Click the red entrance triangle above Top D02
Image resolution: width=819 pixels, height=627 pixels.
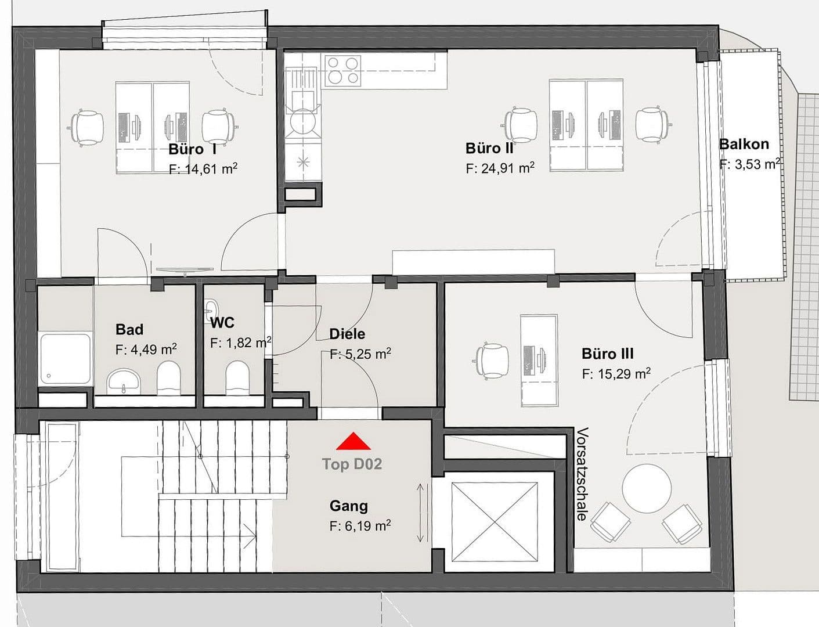tap(353, 442)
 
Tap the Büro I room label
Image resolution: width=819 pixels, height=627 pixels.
tap(193, 149)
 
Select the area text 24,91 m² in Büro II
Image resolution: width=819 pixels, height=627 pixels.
tap(500, 168)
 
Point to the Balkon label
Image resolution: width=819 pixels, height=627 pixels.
tap(744, 144)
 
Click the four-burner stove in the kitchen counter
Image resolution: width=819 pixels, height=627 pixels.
tap(342, 70)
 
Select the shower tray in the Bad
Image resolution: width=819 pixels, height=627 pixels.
tap(66, 358)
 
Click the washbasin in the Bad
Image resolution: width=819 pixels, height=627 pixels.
tap(124, 380)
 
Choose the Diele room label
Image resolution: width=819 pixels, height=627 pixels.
tap(347, 334)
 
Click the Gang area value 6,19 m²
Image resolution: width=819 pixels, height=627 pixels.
tap(360, 526)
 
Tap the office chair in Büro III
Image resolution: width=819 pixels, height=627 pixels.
tap(493, 360)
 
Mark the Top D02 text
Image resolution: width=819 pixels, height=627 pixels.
tap(352, 464)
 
